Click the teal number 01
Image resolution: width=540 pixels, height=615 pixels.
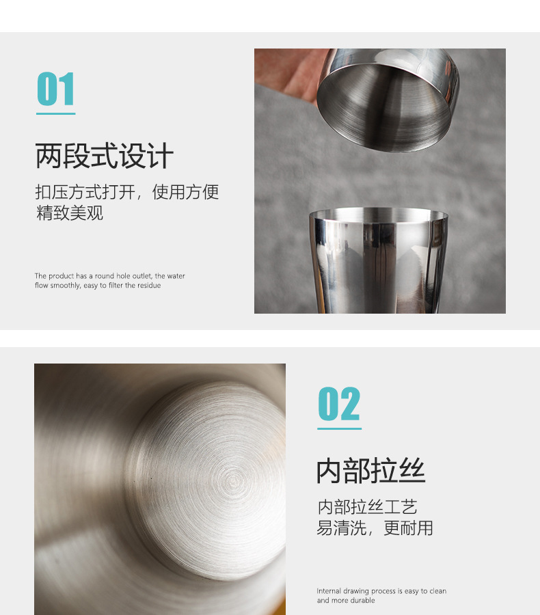point(55,90)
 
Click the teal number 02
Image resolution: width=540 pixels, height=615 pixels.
point(339,405)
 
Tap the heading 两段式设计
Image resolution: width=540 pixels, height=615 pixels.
point(104,156)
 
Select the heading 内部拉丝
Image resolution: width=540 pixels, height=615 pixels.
point(370,471)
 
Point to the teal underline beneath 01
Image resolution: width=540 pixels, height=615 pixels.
point(55,113)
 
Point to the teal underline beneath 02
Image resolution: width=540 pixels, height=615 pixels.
point(339,429)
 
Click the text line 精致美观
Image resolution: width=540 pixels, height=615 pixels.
point(69,213)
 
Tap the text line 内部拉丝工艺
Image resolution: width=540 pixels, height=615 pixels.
point(367,507)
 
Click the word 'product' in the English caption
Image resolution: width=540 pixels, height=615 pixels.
point(60,276)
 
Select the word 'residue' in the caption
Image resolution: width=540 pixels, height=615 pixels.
point(148,286)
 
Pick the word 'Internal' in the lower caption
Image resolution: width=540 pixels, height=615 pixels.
point(329,591)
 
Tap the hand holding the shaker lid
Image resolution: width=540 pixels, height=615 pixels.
point(287,75)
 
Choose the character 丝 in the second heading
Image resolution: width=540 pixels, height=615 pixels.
point(411,471)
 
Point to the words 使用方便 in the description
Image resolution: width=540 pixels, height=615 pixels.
point(185,192)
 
